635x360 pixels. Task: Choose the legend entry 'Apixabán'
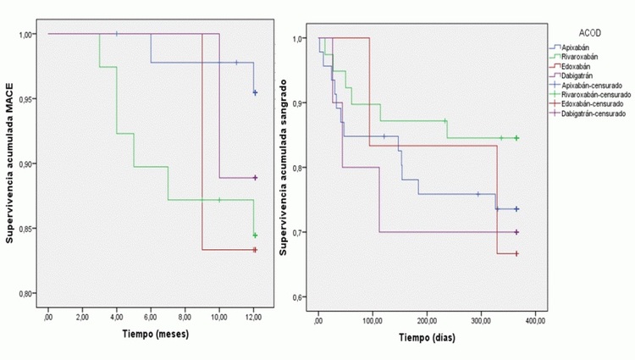coord(579,48)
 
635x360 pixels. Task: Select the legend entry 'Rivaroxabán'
coord(583,58)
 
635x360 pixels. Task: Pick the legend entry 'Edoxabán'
coord(579,67)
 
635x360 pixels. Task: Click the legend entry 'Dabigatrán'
coord(581,76)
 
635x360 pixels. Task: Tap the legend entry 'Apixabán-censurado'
coord(594,86)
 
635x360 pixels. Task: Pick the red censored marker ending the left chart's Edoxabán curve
coord(254,250)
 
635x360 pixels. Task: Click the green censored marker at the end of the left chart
coord(255,235)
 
